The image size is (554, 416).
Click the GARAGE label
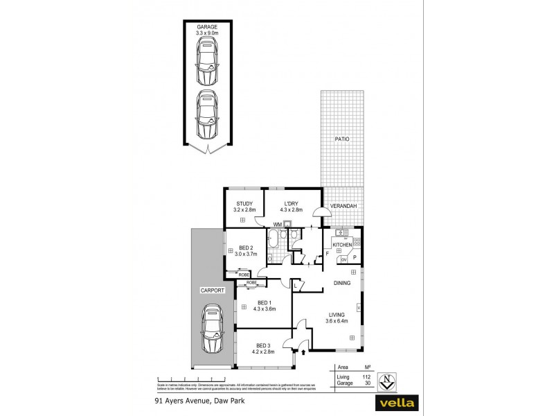[207, 26]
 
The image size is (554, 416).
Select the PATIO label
[342, 139]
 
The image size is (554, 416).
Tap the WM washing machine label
[277, 224]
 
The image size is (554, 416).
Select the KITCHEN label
[343, 245]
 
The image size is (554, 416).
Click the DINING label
[342, 283]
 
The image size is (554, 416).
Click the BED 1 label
[264, 302]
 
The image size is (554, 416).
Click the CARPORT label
[212, 290]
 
